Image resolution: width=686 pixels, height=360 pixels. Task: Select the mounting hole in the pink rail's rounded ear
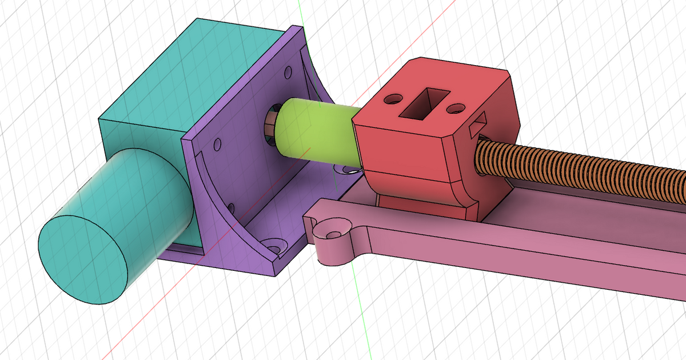click(332, 233)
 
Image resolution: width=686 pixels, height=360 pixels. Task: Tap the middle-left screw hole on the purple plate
click(217, 143)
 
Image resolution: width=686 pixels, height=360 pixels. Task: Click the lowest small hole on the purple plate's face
click(231, 207)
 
